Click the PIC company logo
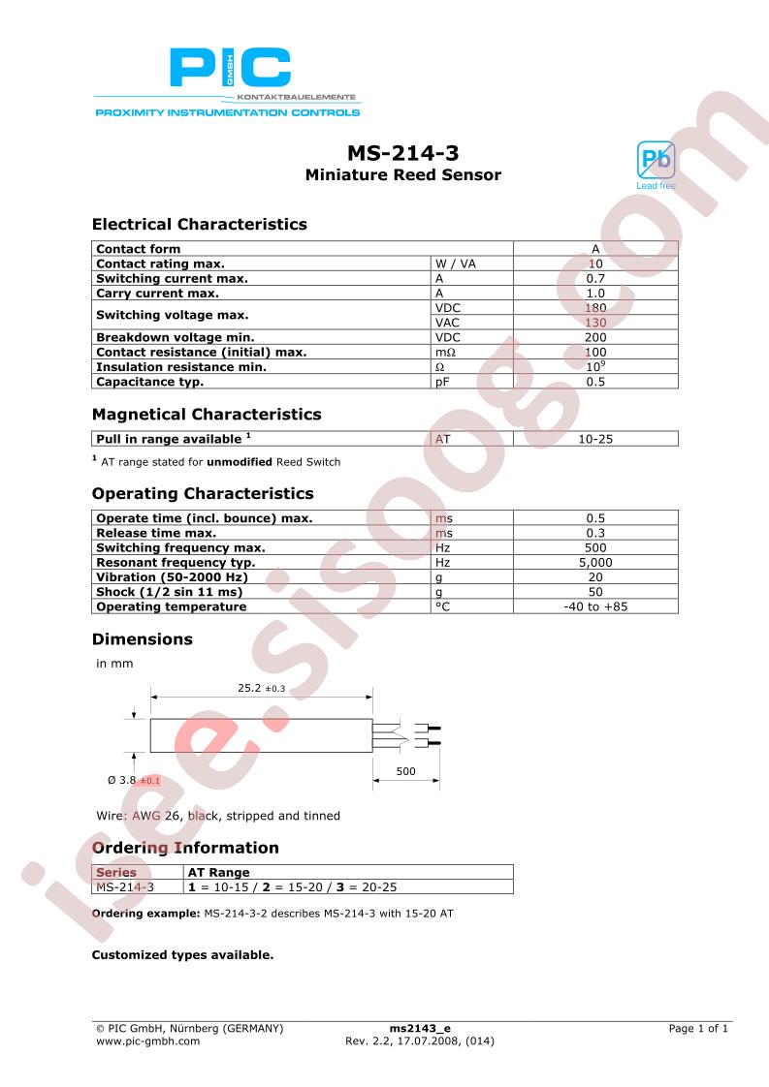click(x=230, y=70)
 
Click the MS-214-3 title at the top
click(x=402, y=153)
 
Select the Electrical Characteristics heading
click(x=199, y=224)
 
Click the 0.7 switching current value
click(x=595, y=278)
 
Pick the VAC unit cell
click(x=447, y=323)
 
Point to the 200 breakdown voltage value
click(x=595, y=337)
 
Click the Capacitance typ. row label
click(x=149, y=382)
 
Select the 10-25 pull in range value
click(x=595, y=439)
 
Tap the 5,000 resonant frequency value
click(x=595, y=562)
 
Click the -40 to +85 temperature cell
click(x=595, y=606)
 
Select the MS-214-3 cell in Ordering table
click(x=125, y=886)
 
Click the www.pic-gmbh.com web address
click(x=148, y=1041)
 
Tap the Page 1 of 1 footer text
click(x=698, y=1028)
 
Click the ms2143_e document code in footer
click(x=420, y=1028)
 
